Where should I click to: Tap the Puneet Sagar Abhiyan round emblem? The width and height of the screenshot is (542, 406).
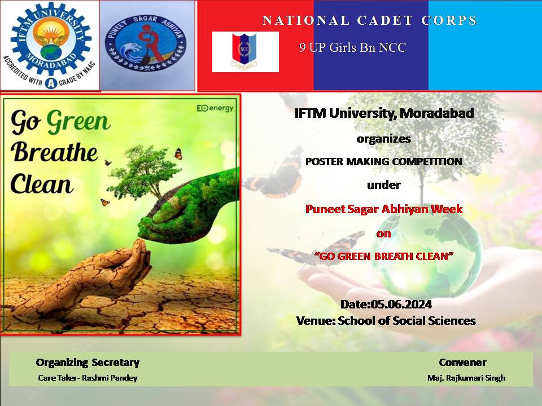coord(146,43)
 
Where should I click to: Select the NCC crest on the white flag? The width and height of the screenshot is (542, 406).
coord(244,50)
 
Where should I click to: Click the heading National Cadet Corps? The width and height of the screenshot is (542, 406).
coord(369,20)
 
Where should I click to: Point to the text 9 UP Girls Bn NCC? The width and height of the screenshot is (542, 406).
coord(352,47)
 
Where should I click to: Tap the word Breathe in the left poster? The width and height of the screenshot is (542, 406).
coord(54,152)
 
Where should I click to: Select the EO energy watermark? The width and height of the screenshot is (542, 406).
coord(215,108)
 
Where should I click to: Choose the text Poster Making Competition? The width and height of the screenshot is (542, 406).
coord(384,162)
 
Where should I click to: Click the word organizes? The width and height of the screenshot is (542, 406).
coord(384,139)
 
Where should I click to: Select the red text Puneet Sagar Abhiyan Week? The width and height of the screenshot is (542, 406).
coord(384,209)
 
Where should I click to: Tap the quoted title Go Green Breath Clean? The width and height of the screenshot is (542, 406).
coord(384,256)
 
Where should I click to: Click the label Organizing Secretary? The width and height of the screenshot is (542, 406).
coord(88,363)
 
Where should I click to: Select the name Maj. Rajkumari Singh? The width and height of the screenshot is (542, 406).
coord(466,378)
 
